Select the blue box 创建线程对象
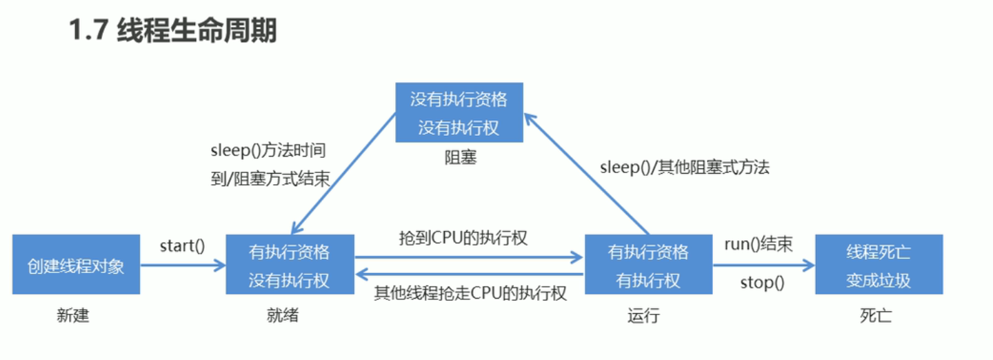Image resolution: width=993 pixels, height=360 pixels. point(76,265)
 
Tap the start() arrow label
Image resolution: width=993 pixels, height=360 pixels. point(182,245)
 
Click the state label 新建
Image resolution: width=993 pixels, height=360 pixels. point(73,316)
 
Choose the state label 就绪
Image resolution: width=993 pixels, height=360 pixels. point(283,316)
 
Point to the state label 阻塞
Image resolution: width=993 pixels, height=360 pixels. point(460,158)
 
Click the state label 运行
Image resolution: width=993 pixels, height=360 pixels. point(643,316)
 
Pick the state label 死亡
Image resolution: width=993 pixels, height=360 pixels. point(876,316)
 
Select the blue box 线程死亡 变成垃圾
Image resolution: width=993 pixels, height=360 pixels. point(879,265)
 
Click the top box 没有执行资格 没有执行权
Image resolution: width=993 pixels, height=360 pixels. point(459,112)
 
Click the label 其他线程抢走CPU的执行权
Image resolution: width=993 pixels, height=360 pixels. point(470,293)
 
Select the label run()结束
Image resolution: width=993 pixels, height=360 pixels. point(758,244)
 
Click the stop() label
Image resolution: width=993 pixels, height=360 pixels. point(762,282)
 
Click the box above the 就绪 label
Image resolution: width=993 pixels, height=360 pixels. point(290,265)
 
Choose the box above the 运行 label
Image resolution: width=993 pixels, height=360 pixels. point(648,265)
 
